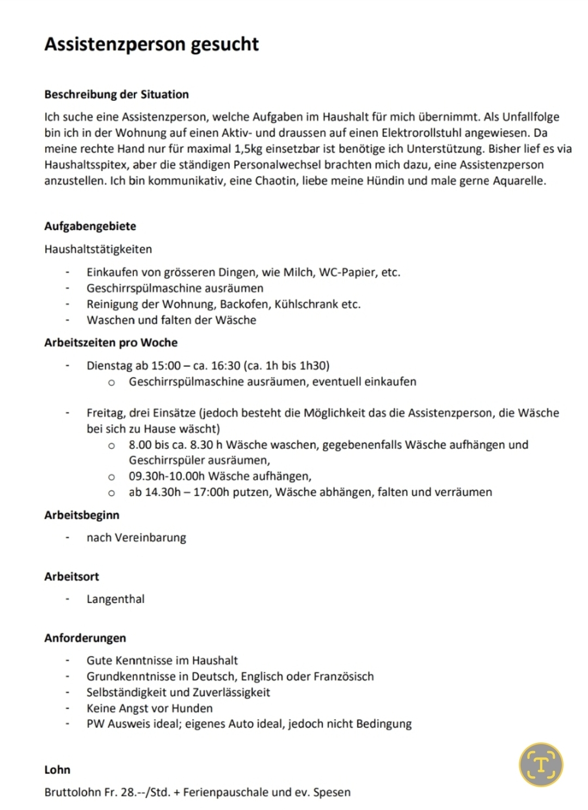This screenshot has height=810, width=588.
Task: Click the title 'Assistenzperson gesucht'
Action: point(151,44)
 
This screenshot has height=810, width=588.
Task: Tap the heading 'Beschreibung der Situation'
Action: point(117,94)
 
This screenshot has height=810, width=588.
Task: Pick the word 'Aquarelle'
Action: point(519,181)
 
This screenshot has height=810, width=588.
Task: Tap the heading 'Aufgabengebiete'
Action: point(90,226)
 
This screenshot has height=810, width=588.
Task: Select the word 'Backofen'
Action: point(244,304)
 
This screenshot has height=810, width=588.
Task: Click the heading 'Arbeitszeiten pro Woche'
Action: point(111,343)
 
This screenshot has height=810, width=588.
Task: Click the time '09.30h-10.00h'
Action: point(167,476)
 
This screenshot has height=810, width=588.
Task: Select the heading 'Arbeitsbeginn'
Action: point(82,515)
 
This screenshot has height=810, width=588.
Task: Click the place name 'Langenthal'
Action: point(115,599)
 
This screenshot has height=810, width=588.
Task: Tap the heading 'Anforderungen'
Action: point(85,638)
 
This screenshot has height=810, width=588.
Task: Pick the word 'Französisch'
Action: point(344,677)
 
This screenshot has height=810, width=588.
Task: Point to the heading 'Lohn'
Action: point(57,770)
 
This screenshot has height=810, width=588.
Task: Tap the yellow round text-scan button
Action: point(541,765)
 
